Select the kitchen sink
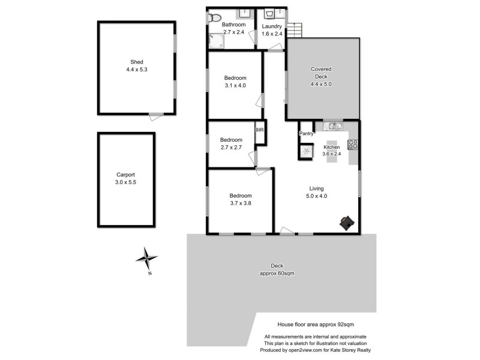[x=332, y=126]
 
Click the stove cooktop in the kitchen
[x=353, y=144]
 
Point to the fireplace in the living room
[x=346, y=223]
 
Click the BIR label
[x=260, y=130]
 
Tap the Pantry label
[x=307, y=134]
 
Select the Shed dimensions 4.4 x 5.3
[x=137, y=70]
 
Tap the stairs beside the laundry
[x=294, y=31]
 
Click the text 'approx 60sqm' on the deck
[x=277, y=273]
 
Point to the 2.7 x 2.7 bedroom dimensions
[x=231, y=147]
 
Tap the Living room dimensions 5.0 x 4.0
[x=317, y=196]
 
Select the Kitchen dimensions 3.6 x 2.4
[x=332, y=154]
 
